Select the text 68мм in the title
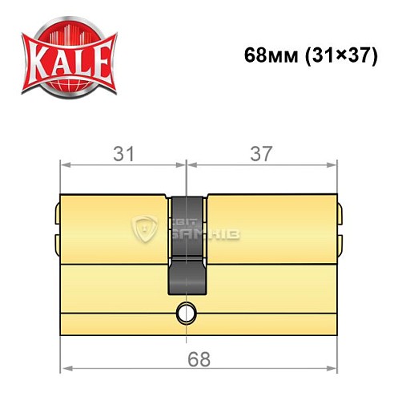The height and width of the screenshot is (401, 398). coord(269,59)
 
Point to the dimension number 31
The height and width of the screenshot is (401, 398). coord(123,152)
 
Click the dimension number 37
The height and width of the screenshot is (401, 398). coord(261,152)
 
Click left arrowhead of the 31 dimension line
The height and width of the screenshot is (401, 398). coord(66,166)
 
